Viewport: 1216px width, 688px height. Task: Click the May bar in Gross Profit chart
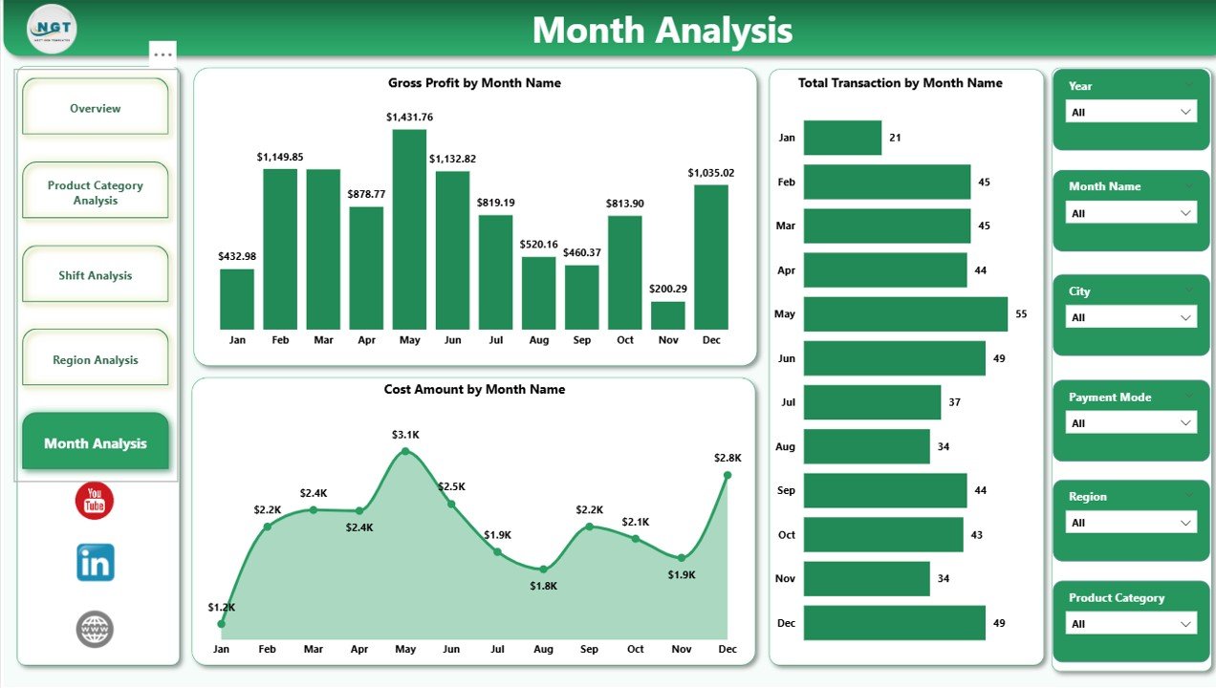point(409,229)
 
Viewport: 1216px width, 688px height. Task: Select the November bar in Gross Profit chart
point(668,315)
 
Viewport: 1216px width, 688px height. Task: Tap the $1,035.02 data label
point(711,173)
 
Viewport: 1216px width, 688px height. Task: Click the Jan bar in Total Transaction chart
point(842,138)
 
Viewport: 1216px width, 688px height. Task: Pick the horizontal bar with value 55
point(905,313)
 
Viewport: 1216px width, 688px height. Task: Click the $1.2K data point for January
point(222,624)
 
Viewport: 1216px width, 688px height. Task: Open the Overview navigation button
point(96,108)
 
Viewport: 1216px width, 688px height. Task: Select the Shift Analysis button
point(96,275)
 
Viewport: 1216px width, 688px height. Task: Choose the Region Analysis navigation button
point(96,360)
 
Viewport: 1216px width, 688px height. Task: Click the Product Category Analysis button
point(96,192)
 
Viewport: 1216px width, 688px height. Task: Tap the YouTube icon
point(95,501)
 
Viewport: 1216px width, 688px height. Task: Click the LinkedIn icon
point(96,563)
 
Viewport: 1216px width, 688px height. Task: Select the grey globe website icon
point(95,629)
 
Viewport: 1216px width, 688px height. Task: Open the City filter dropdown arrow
point(1186,317)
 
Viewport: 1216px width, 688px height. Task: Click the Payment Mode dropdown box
point(1131,422)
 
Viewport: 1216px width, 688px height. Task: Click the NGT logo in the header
point(53,29)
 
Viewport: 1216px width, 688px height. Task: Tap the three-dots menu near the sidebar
point(163,54)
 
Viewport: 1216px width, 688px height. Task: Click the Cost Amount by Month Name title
point(474,390)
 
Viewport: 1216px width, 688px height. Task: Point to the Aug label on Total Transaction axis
point(786,446)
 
